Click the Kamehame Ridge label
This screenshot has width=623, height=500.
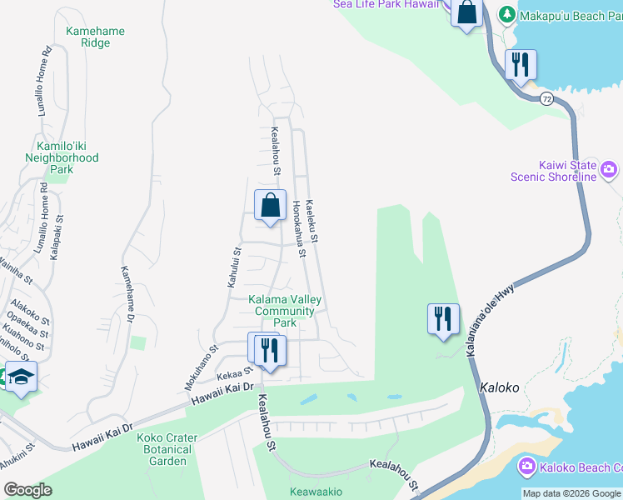coord(96,37)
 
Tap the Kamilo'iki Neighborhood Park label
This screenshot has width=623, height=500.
coord(62,157)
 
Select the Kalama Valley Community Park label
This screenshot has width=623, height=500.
coord(285,311)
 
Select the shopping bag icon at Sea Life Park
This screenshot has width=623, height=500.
coord(466,13)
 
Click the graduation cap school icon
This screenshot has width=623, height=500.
coord(21,376)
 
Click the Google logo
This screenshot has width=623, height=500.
coord(28,490)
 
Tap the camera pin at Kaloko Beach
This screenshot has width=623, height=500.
coord(526,467)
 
